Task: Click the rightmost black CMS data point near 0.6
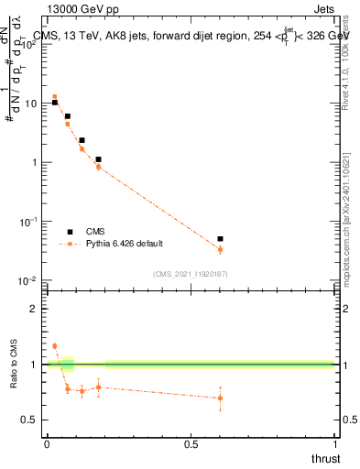(x=220, y=239)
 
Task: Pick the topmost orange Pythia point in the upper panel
(x=55, y=96)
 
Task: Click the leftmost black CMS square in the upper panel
(x=55, y=103)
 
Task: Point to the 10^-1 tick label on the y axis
(x=29, y=222)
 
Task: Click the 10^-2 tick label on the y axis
(x=29, y=280)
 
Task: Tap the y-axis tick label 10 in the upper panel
(x=32, y=104)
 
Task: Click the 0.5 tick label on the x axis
(x=191, y=444)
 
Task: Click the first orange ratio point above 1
(x=55, y=346)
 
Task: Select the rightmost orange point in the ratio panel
(x=220, y=398)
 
